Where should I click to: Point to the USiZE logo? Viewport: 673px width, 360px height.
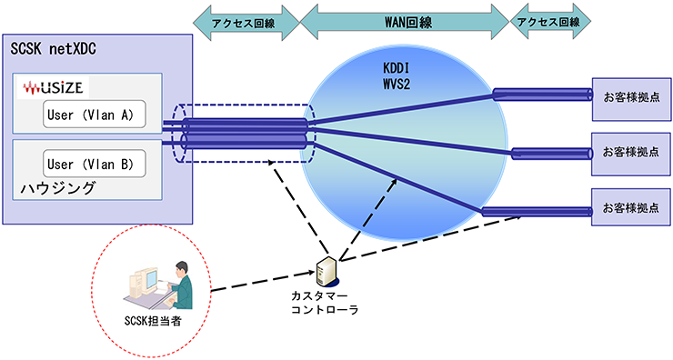point(56,87)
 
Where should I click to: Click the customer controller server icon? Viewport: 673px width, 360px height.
point(325,272)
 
